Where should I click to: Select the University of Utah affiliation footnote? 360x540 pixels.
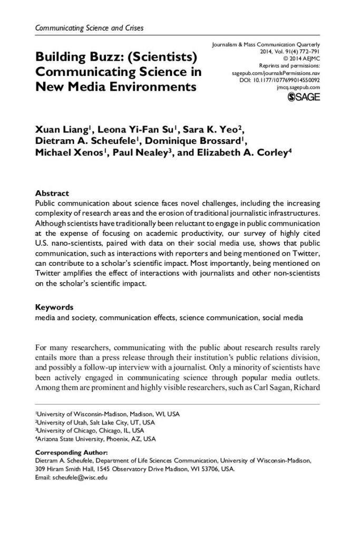click(95, 422)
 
